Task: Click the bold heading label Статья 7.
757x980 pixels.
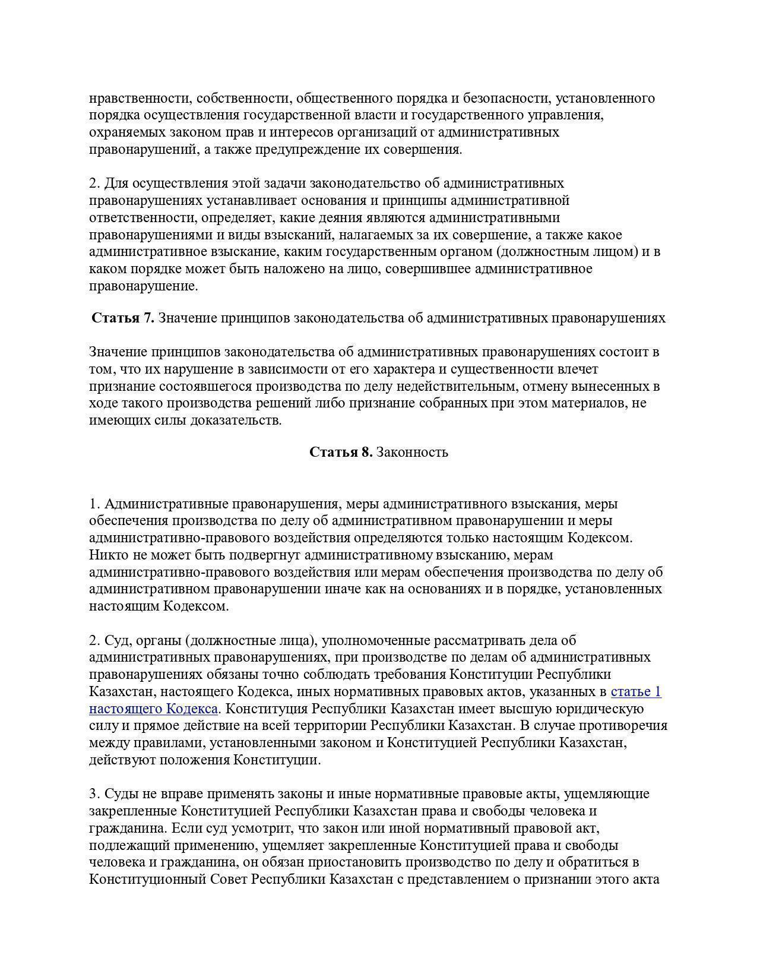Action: pos(122,318)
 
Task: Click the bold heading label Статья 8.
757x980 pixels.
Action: pos(341,453)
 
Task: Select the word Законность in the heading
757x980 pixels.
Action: pos(412,453)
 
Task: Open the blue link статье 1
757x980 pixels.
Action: pos(635,692)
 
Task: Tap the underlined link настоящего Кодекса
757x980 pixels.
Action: pos(153,709)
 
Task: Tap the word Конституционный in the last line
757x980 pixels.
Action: pos(148,880)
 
